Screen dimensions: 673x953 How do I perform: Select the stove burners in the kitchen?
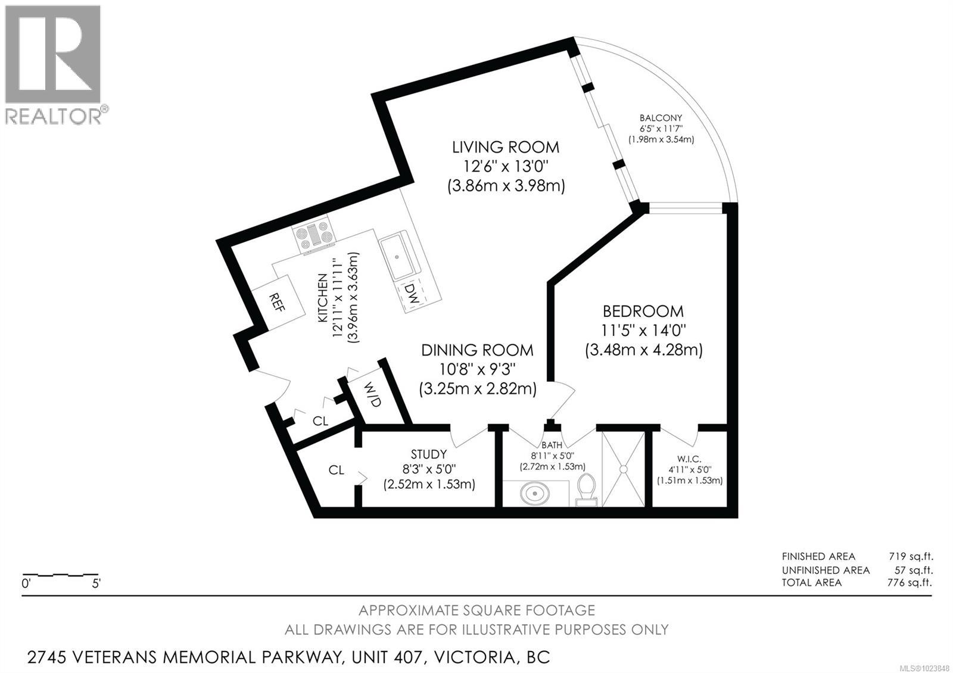click(x=314, y=235)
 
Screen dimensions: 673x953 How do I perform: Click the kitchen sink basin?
click(x=397, y=257)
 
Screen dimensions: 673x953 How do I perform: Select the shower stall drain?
click(x=624, y=469)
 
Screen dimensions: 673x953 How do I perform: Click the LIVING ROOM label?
click(x=506, y=147)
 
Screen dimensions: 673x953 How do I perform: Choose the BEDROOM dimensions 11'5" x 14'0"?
click(x=643, y=329)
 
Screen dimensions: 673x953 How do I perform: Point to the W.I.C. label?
click(x=689, y=459)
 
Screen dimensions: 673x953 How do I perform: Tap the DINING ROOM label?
click(x=477, y=350)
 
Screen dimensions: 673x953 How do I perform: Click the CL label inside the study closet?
click(x=337, y=470)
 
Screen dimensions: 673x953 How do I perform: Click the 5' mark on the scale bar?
click(x=96, y=584)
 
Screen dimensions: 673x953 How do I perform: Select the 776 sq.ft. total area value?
click(x=910, y=582)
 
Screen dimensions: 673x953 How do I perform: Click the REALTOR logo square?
click(x=52, y=55)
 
